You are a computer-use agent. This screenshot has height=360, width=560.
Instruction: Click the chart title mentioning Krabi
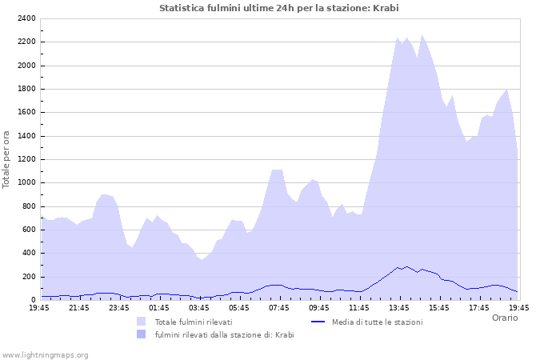point(278,8)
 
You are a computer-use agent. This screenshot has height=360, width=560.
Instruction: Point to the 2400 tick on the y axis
point(26,18)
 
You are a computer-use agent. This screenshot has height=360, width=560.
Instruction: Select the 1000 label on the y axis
point(26,182)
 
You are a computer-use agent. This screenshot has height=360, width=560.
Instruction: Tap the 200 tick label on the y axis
point(28,277)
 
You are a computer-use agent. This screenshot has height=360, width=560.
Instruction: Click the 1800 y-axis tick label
point(26,89)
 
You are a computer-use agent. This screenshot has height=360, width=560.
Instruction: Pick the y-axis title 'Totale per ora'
point(7,159)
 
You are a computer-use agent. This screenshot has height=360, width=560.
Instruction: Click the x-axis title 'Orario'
point(504,318)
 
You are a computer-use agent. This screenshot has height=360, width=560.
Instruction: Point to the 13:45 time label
point(399,307)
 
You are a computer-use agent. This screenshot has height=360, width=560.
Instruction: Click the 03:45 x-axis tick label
point(199,307)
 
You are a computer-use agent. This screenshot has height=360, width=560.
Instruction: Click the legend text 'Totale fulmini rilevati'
point(194,322)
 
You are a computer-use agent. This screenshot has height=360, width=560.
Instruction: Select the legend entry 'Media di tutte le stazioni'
point(377,322)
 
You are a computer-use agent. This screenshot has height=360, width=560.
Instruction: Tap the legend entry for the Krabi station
point(224,334)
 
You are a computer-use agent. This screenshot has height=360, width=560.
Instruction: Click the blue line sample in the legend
point(318,322)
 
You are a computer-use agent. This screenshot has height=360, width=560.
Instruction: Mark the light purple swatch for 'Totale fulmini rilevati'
point(142,322)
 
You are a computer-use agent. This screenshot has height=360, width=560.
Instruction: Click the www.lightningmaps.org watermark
point(45,354)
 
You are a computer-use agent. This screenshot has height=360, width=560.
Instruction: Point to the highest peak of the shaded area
point(422,35)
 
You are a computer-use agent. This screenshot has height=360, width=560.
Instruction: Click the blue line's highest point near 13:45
point(406,266)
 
